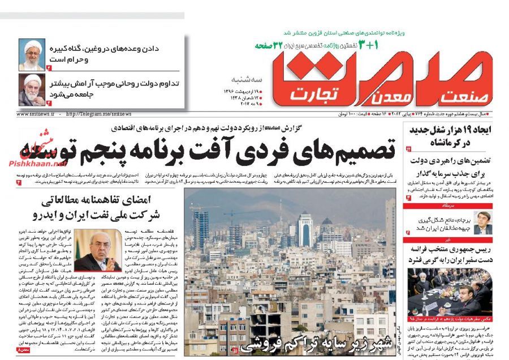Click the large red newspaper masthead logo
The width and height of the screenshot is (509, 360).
373,74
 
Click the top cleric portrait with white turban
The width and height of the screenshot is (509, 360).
32,54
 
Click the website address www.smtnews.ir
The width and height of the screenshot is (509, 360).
36,114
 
